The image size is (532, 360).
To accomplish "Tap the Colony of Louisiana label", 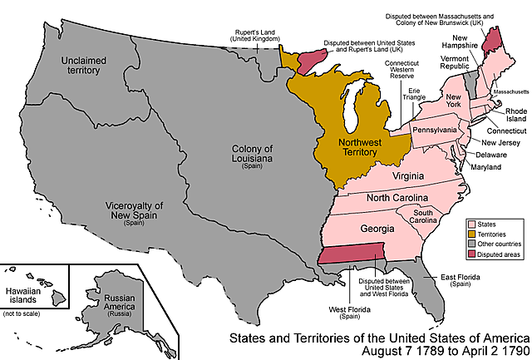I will coord(250,155).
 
